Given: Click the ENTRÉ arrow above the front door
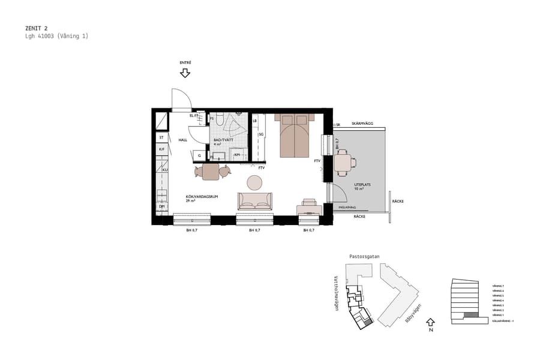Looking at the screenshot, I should pos(185,73).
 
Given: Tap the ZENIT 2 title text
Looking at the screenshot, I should pos(37,28).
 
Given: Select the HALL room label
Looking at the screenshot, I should pos(183,140).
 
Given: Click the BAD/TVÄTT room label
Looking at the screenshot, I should pos(223,140).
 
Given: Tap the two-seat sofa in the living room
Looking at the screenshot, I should pos(255,201).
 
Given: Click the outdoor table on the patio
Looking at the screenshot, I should pos(343,163).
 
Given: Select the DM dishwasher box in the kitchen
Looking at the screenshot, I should pos(161,207).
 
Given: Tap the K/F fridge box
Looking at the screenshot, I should pos(161,149).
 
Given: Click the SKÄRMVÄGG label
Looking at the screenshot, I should pos(362,124).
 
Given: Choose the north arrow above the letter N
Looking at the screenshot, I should pos(430,321).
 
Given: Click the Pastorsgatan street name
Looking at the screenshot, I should pos(364,256).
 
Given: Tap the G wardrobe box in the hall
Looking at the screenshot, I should pos(199,155).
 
